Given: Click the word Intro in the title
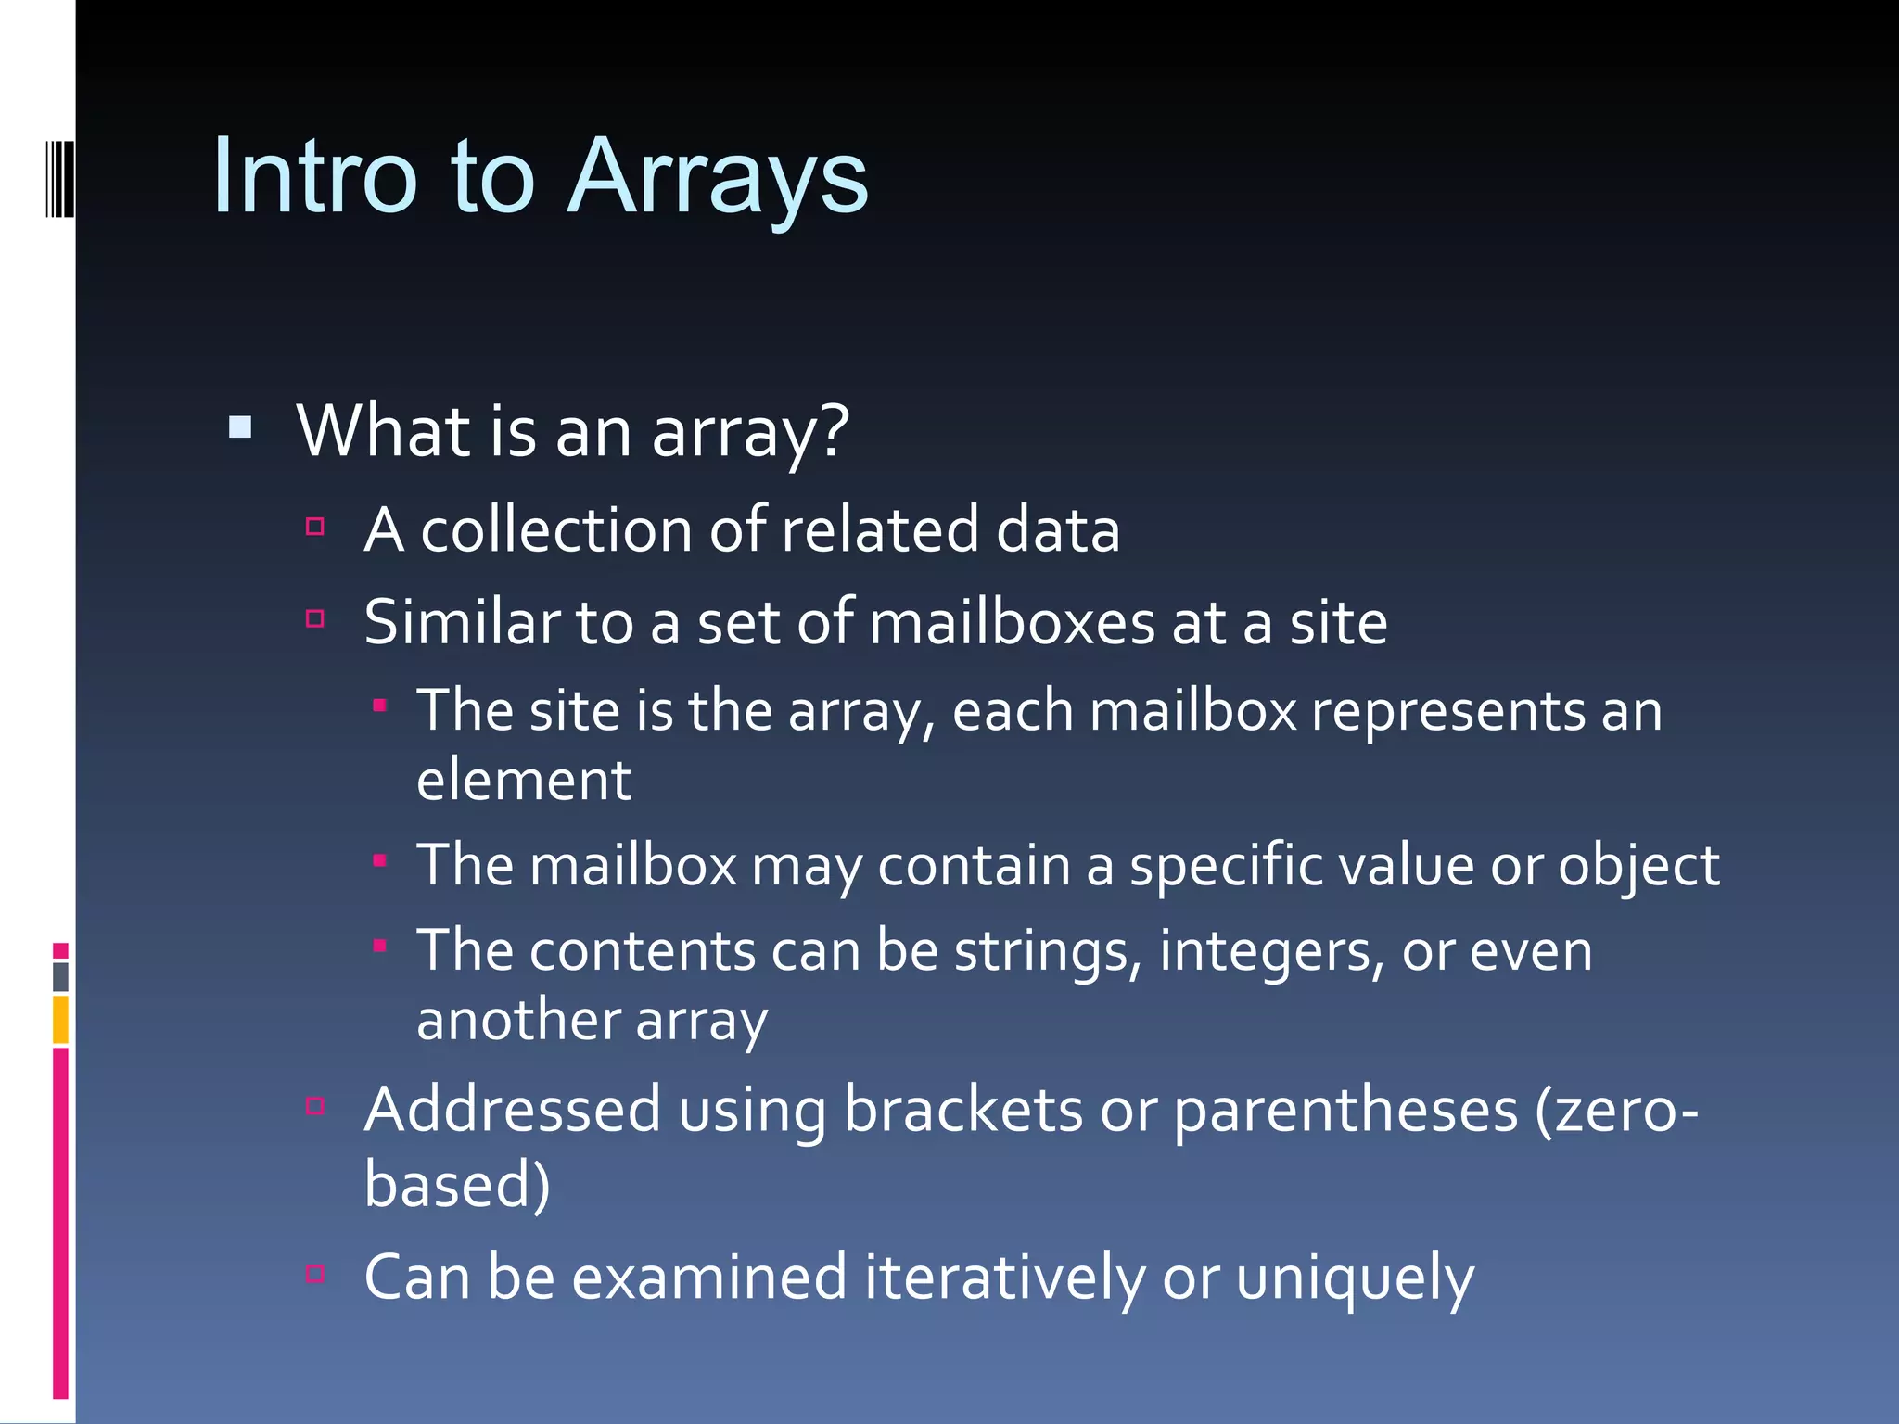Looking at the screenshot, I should coord(315,178).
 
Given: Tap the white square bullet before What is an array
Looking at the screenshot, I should coord(240,427).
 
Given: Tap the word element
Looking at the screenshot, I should coord(524,781).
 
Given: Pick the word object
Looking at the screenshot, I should coord(1638,866).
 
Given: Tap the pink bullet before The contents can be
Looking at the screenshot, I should coord(379,947).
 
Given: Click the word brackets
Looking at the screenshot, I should coord(962,1110).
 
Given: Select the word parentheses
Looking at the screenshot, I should coord(1345,1110).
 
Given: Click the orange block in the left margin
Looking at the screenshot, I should coord(60,1019).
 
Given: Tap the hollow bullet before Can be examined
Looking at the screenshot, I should coord(315,1274).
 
